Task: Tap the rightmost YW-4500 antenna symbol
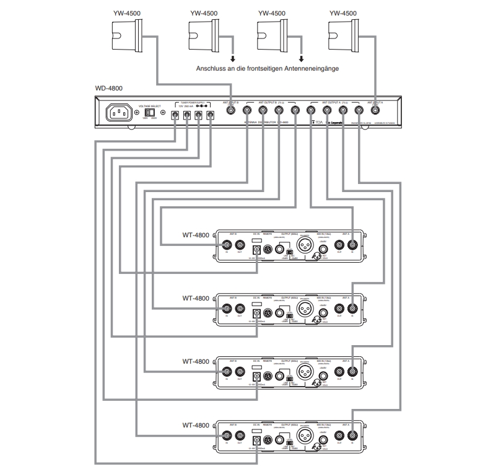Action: [345, 32]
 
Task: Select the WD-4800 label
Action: [109, 89]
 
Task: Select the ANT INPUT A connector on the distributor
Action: [375, 112]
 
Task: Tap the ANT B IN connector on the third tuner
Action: [228, 372]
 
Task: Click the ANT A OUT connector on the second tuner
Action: [339, 308]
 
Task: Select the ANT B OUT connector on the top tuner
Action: [242, 245]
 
